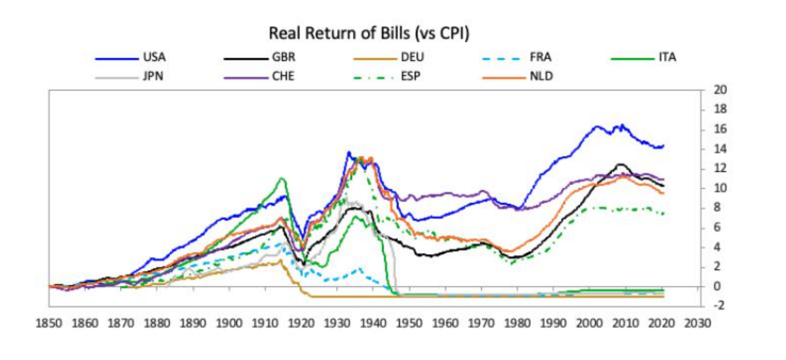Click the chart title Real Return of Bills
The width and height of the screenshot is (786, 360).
[x=369, y=33]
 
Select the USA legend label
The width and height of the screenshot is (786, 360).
[x=154, y=57]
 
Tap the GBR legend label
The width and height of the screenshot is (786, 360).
[x=283, y=57]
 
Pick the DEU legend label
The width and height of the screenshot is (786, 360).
[x=412, y=57]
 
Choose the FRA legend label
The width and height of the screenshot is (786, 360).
[x=540, y=57]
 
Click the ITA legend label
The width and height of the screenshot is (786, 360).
[x=667, y=57]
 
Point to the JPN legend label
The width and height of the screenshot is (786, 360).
[x=153, y=76]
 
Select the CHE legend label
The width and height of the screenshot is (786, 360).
[x=283, y=76]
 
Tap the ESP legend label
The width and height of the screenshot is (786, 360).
[x=411, y=76]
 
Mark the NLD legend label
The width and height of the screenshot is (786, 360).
[x=541, y=76]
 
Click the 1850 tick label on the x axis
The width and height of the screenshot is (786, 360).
[x=49, y=323]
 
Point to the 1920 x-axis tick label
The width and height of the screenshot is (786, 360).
[x=301, y=323]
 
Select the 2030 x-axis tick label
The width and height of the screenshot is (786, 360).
[x=698, y=323]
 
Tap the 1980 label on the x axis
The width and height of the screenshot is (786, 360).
[x=517, y=323]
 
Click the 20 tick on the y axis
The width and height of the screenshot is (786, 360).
[x=720, y=90]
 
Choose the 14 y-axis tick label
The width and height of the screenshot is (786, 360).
[x=720, y=149]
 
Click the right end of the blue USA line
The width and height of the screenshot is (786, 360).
[x=663, y=146]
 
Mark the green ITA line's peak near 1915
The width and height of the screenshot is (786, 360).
[x=282, y=178]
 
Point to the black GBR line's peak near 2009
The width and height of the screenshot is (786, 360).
[x=621, y=164]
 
